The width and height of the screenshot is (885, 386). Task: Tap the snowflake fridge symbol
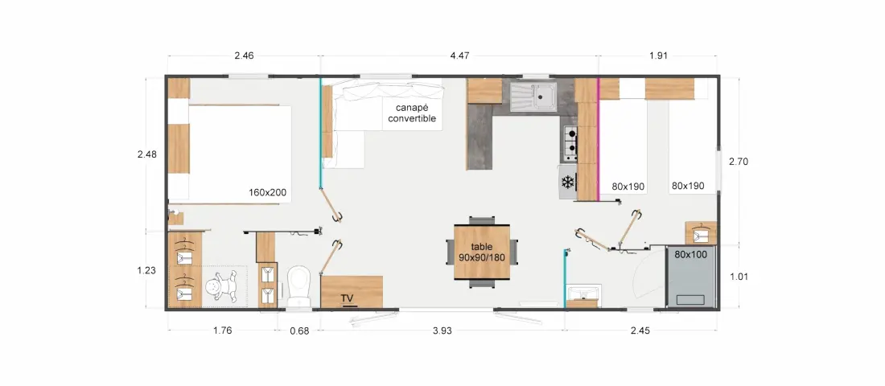click(567, 183)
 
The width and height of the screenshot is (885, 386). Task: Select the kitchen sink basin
click(544, 95)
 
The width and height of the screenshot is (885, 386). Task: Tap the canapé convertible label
click(412, 113)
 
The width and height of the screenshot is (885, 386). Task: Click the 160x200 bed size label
click(268, 192)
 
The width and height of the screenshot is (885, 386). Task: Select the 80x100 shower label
click(691, 254)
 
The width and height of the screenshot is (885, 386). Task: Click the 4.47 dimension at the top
click(460, 55)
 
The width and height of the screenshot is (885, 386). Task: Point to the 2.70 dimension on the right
click(739, 162)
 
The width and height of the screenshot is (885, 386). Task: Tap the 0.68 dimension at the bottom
click(300, 331)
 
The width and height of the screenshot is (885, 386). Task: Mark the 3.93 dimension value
click(442, 331)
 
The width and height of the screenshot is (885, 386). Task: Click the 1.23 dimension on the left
click(146, 270)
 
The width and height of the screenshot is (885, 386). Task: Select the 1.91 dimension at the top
click(659, 55)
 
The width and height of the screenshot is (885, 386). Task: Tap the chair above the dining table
click(482, 220)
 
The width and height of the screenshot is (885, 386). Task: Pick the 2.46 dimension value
click(244, 55)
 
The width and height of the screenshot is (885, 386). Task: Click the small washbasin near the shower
click(583, 293)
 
